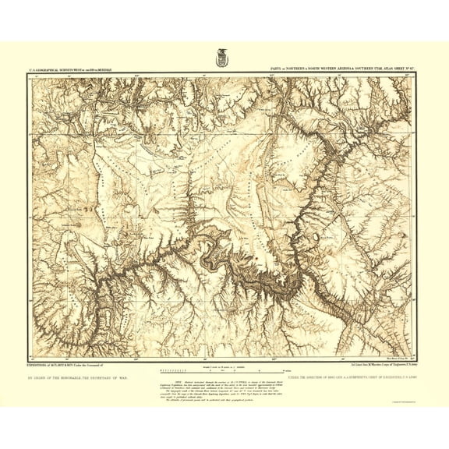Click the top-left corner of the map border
[x=28, y=75]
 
